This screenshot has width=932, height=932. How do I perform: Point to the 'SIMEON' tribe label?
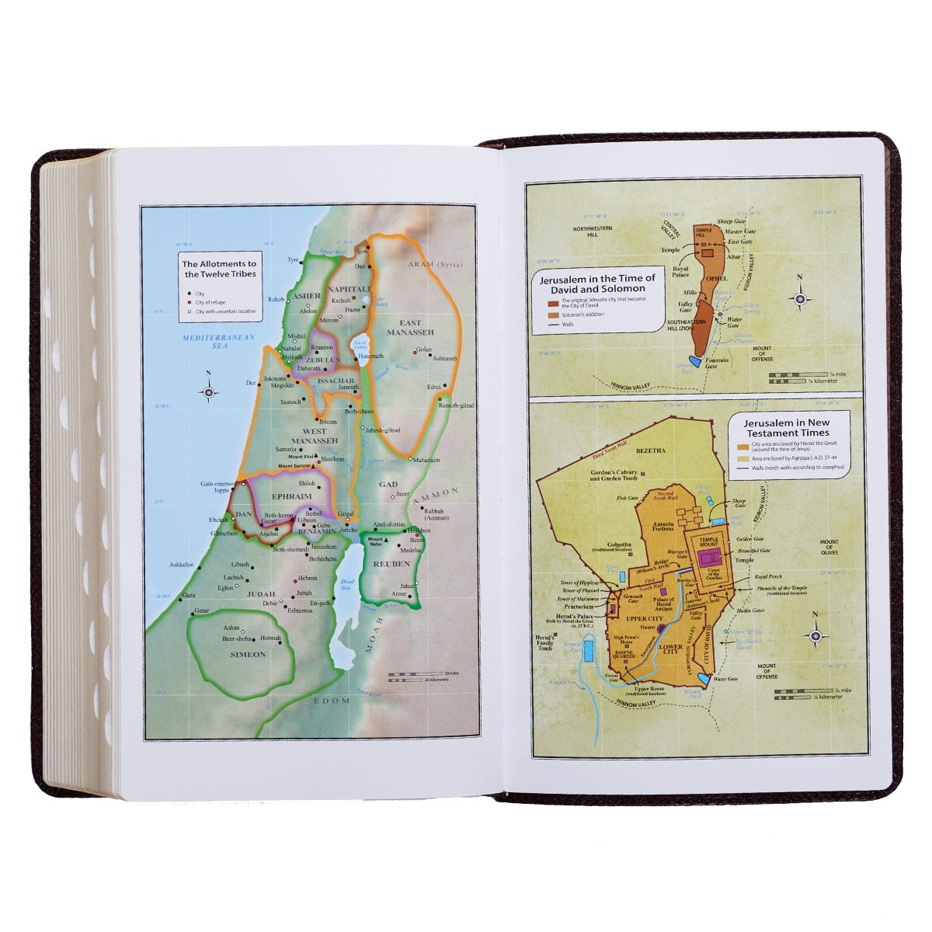tap(248, 654)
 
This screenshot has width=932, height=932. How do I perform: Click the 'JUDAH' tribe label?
tap(261, 593)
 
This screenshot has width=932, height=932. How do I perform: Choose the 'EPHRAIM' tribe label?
tap(291, 496)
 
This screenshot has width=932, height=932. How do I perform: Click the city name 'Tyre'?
tap(293, 259)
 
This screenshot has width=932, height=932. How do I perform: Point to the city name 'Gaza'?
tap(188, 595)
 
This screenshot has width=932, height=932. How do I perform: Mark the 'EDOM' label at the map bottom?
tap(327, 701)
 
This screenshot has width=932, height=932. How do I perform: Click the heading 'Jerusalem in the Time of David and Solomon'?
tap(597, 283)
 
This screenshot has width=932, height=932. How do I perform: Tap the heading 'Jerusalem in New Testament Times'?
tap(786, 428)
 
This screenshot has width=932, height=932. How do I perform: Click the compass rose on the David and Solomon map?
tap(800, 297)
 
